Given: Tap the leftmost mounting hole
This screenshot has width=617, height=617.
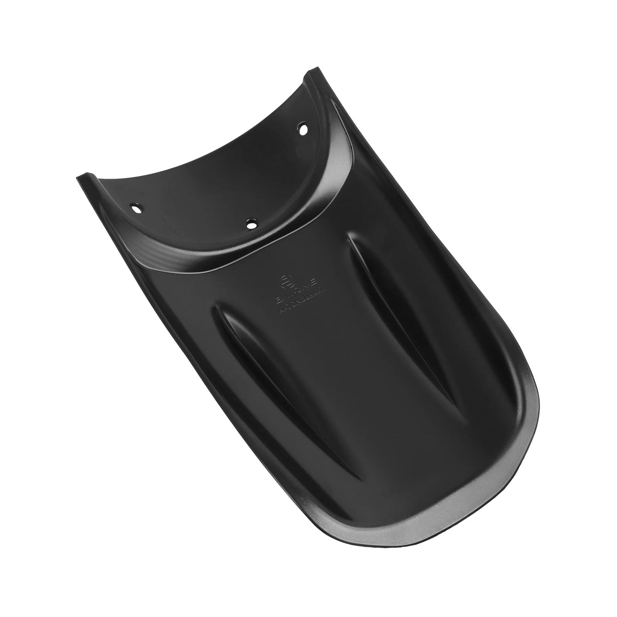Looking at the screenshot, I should click(x=136, y=208).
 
